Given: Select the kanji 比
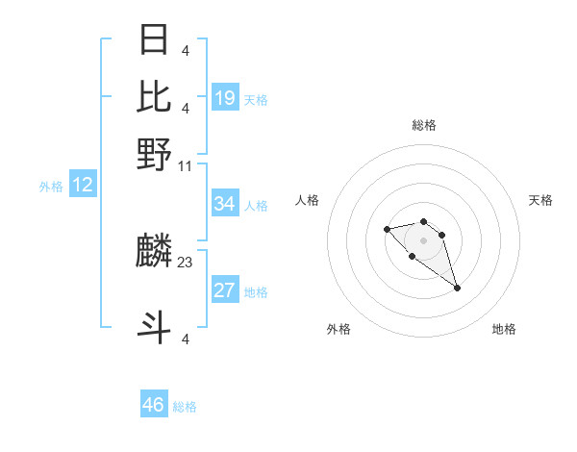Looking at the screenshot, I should point(154,96).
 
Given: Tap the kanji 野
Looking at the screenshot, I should point(154,154).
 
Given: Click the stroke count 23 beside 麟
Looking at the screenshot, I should point(186,262).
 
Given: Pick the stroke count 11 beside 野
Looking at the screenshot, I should point(186,165).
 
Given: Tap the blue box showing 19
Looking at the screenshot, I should point(225,97).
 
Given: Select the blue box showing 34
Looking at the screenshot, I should point(225,204).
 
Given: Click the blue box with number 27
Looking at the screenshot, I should point(225,290).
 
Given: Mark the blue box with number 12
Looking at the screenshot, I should point(83,185).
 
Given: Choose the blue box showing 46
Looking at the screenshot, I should point(154,405).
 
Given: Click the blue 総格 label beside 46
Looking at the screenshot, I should point(185,407).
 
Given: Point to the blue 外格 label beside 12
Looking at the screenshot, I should point(51,187).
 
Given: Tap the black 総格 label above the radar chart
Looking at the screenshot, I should point(423,125).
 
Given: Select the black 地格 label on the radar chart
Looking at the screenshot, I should point(504,329).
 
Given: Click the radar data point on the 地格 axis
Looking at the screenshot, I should point(457,288).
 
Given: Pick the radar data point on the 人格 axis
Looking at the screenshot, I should point(387,229).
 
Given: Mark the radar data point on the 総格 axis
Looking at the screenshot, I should point(423,221).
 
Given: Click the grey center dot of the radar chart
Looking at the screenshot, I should point(423,239).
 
